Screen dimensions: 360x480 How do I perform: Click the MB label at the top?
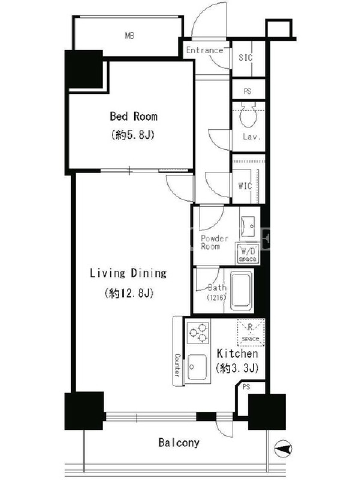coord(130,36)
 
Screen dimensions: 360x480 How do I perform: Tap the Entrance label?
coord(205,50)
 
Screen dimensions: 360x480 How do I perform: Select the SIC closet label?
coord(245,57)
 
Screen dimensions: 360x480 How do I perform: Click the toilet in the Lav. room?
coord(248,115)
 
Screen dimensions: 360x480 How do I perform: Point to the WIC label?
coord(245,186)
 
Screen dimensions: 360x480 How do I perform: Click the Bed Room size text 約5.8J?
coord(133,134)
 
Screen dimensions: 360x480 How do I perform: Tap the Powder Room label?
coord(214,242)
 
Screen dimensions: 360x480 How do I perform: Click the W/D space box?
coord(247,253)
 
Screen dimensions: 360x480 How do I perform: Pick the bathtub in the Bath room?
coord(241,291)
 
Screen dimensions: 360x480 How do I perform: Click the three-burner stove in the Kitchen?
coord(198,332)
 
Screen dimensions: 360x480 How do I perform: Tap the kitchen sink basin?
coord(197,367)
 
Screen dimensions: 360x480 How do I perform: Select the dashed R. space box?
coord(251,332)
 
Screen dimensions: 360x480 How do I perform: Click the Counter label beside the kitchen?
coord(177,365)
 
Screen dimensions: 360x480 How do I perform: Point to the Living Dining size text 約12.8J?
coord(128,293)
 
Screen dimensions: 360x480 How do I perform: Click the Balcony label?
coord(179,443)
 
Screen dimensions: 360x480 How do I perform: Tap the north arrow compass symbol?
coord(283,449)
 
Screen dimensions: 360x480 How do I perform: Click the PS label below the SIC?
coord(248,91)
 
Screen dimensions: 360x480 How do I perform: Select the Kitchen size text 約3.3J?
coord(237,368)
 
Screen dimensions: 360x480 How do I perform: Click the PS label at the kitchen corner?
coord(246,387)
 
